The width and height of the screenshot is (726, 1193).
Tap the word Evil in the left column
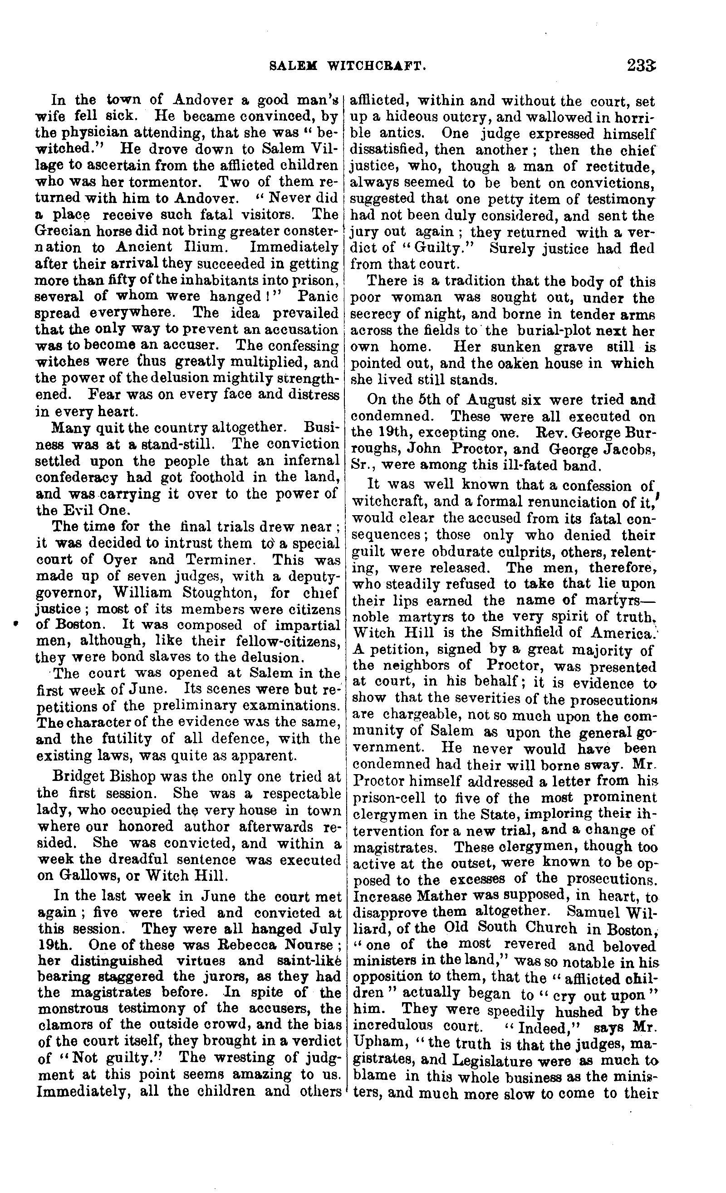[75, 510]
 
